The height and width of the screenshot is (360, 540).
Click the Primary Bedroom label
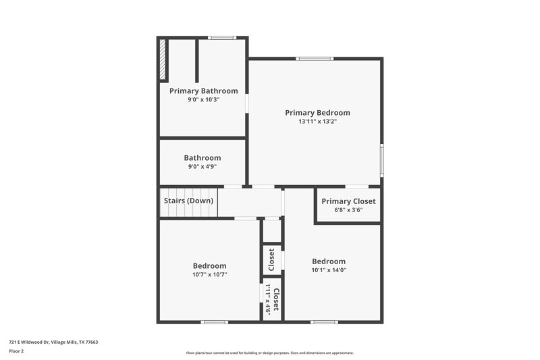(317, 113)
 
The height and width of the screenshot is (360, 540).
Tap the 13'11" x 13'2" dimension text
(317, 122)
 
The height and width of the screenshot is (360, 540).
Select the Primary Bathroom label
(203, 91)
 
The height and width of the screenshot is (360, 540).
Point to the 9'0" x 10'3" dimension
(203, 99)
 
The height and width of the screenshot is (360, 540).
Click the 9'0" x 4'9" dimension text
(202, 167)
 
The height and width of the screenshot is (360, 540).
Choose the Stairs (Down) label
(189, 201)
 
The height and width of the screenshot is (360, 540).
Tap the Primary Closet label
(348, 201)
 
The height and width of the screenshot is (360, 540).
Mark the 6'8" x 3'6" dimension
(348, 210)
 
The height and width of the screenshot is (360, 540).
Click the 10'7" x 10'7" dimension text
(209, 275)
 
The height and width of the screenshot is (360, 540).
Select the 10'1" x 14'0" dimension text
(329, 270)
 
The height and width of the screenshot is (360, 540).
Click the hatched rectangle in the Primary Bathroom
(163, 60)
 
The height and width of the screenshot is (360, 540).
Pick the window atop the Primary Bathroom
(221, 38)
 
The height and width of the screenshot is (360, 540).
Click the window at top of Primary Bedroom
(315, 59)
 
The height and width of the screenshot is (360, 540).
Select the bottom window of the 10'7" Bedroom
(215, 322)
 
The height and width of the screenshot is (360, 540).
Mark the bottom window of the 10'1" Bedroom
(324, 322)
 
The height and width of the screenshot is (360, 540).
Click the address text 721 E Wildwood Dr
(53, 342)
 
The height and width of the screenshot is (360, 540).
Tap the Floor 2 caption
(16, 351)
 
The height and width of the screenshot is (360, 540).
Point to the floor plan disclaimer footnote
(270, 353)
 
